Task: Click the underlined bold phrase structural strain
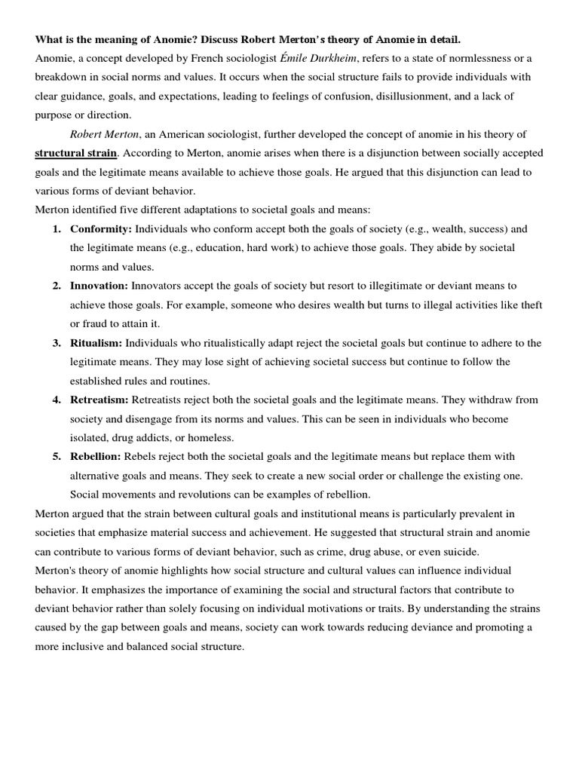[76, 153]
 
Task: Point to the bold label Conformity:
[101, 229]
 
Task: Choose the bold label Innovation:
[100, 286]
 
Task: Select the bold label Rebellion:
[96, 457]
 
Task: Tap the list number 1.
[57, 229]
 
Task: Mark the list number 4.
[57, 400]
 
